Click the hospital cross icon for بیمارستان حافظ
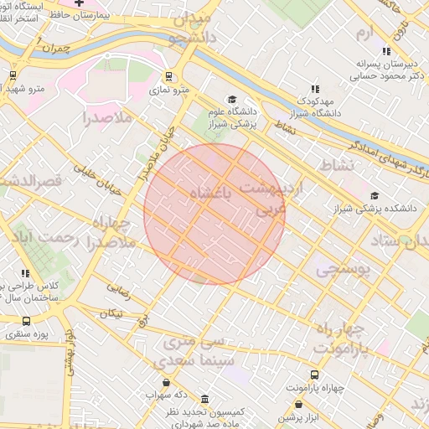79,3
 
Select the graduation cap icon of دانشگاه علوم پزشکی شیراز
232,98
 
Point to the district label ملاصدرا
108,118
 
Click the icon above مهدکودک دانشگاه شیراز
315,88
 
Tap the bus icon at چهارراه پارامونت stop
314,375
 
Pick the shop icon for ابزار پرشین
298,404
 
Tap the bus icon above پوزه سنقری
26,321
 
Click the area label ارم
362,33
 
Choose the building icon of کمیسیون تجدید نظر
205,399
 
